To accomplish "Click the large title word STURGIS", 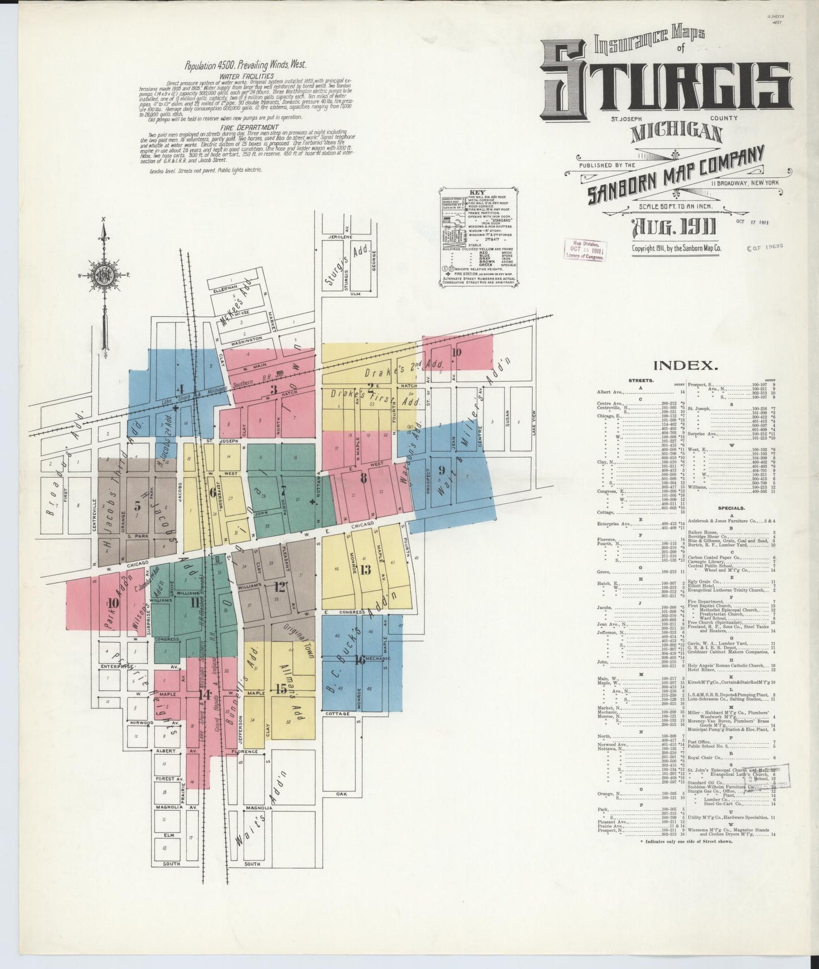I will pos(665,85).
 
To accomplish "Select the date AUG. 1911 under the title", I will pos(674,228).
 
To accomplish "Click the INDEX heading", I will pos(685,365).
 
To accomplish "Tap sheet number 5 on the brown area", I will pos(137,507).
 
